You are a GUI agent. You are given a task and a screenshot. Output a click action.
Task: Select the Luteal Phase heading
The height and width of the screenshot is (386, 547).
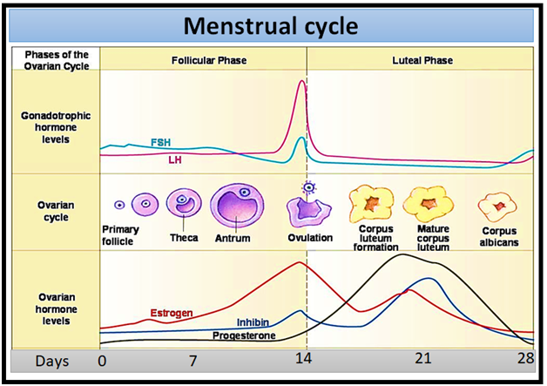click(422, 61)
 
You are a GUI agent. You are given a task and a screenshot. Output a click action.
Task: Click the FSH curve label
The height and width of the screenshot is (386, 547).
click(160, 142)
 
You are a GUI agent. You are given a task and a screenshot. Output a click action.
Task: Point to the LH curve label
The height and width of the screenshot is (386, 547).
click(174, 160)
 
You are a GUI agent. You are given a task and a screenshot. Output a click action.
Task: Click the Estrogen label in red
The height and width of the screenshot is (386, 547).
click(170, 312)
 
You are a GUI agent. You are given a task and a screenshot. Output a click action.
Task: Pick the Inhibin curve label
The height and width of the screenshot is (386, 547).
click(253, 322)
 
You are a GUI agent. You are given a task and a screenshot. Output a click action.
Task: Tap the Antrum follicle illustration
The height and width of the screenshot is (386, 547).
click(233, 207)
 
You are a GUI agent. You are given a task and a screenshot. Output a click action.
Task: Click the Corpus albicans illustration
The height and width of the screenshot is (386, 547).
click(497, 207)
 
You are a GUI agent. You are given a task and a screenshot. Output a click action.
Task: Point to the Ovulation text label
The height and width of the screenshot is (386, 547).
click(312, 237)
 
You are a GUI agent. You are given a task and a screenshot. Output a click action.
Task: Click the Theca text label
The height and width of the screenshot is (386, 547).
click(184, 237)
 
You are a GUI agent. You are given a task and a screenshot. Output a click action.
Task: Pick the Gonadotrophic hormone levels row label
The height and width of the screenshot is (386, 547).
click(56, 127)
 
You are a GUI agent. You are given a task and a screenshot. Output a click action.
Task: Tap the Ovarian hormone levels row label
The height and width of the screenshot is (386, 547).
click(56, 309)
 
